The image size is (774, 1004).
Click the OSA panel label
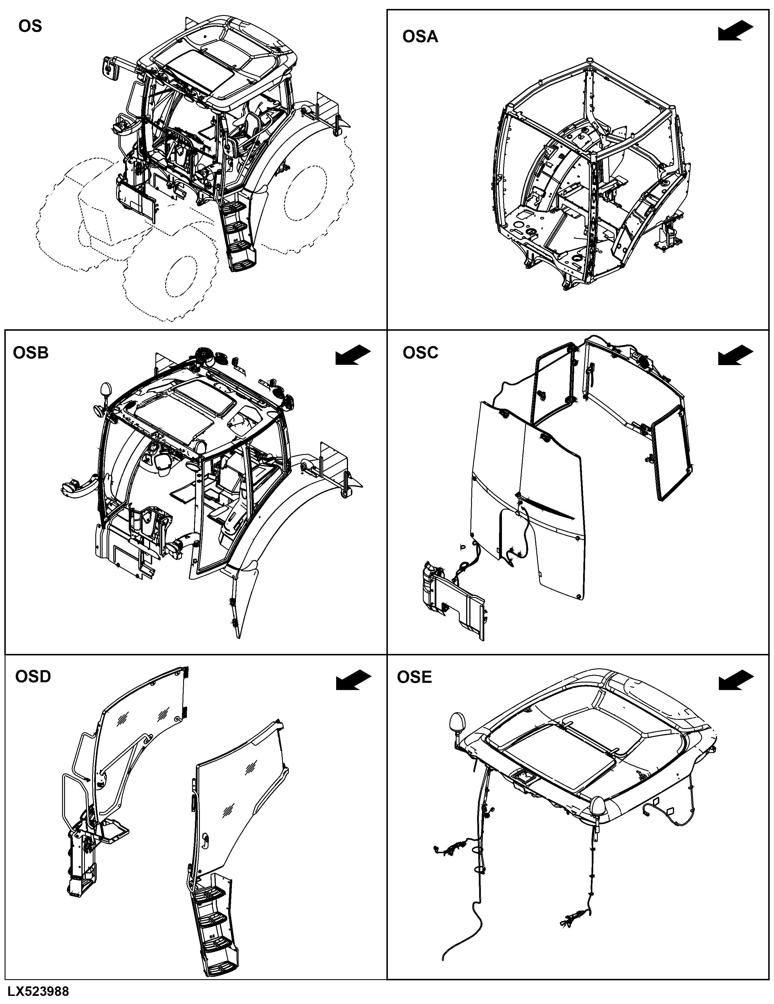tap(420, 37)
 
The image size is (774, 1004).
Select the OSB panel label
tap(31, 353)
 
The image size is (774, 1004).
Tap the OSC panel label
tap(421, 353)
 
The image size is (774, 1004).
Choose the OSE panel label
tap(414, 677)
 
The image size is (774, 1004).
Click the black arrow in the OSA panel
tap(735, 31)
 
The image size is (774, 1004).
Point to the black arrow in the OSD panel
tap(353, 679)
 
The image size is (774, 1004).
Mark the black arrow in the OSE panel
tap(735, 679)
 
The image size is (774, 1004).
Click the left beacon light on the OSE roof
tap(458, 723)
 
